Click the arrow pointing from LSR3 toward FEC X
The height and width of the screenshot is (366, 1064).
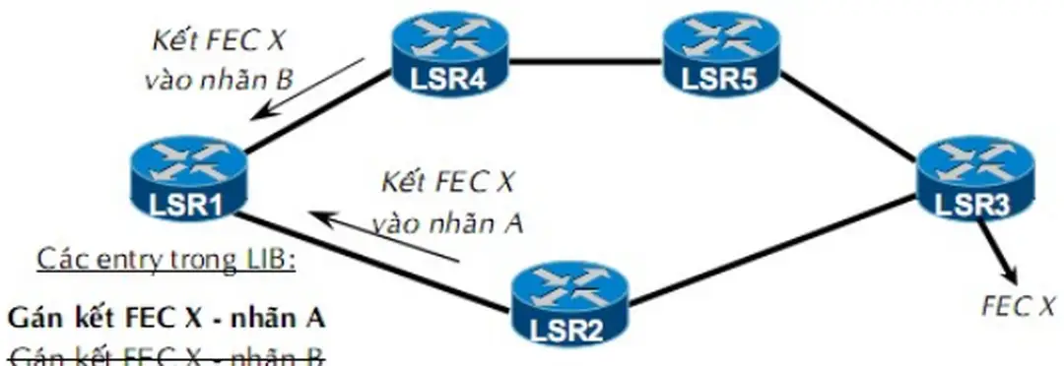(997, 251)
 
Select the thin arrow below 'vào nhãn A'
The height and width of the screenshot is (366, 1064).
(384, 235)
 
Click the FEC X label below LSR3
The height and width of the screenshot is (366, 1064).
(1016, 307)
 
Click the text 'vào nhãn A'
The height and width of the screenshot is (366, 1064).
(445, 223)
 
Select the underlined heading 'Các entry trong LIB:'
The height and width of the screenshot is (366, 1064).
(166, 261)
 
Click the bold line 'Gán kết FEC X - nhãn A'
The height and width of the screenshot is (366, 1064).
(166, 319)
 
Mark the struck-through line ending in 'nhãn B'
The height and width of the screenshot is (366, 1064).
(166, 355)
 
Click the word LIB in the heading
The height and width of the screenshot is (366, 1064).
(265, 261)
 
